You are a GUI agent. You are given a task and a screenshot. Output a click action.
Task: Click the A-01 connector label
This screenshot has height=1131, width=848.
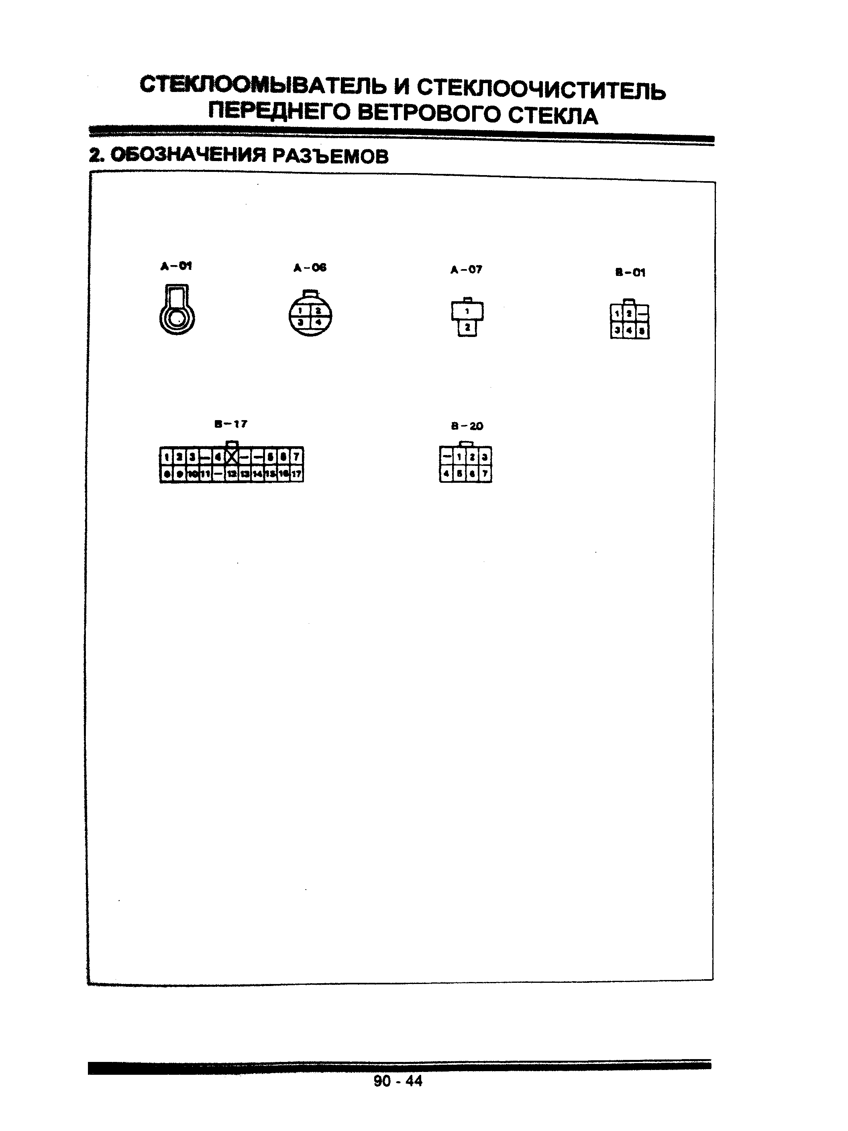click(x=176, y=266)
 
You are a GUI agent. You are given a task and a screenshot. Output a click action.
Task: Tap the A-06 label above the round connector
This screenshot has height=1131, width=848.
click(x=310, y=268)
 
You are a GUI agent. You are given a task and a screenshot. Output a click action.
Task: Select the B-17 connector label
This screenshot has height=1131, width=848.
click(x=231, y=424)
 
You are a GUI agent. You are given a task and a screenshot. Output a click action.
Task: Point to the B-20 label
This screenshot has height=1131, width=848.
click(x=467, y=426)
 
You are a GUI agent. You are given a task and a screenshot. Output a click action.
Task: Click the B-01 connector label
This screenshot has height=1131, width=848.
click(x=630, y=273)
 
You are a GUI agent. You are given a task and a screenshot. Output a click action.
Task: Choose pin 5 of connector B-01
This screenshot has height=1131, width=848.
click(x=642, y=331)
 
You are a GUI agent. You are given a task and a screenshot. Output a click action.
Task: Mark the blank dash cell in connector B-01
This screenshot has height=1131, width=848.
click(x=642, y=313)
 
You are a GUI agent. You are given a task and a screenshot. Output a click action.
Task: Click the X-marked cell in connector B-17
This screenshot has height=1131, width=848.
click(x=232, y=455)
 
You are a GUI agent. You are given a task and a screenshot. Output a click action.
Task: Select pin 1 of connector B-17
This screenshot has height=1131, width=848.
click(x=166, y=455)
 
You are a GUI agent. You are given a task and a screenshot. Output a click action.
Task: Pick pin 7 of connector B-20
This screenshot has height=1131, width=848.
click(x=485, y=474)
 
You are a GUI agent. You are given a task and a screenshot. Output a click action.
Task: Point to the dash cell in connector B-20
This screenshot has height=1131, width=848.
click(x=446, y=455)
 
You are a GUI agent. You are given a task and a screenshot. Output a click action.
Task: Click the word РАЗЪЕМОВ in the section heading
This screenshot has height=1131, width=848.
click(x=330, y=156)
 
